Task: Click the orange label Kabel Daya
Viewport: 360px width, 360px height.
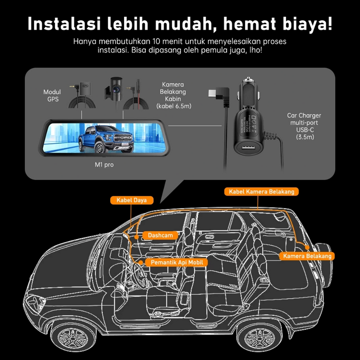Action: pyautogui.click(x=132, y=200)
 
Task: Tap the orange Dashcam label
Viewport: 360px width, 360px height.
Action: pyautogui.click(x=160, y=235)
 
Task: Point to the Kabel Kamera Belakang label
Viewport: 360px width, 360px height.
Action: pyautogui.click(x=261, y=191)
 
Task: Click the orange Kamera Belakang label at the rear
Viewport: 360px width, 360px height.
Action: pyautogui.click(x=305, y=256)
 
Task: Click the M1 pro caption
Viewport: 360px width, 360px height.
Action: pyautogui.click(x=104, y=164)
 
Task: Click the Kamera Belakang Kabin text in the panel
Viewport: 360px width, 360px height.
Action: pyautogui.click(x=173, y=95)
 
